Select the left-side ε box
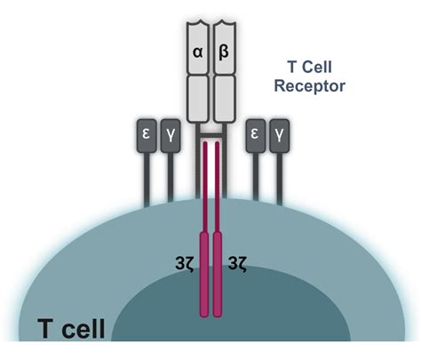click(146, 132)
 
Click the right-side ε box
click(255, 132)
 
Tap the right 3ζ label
click(238, 262)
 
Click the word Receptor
click(310, 88)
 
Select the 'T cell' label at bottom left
click(71, 329)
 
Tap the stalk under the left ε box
click(146, 178)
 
